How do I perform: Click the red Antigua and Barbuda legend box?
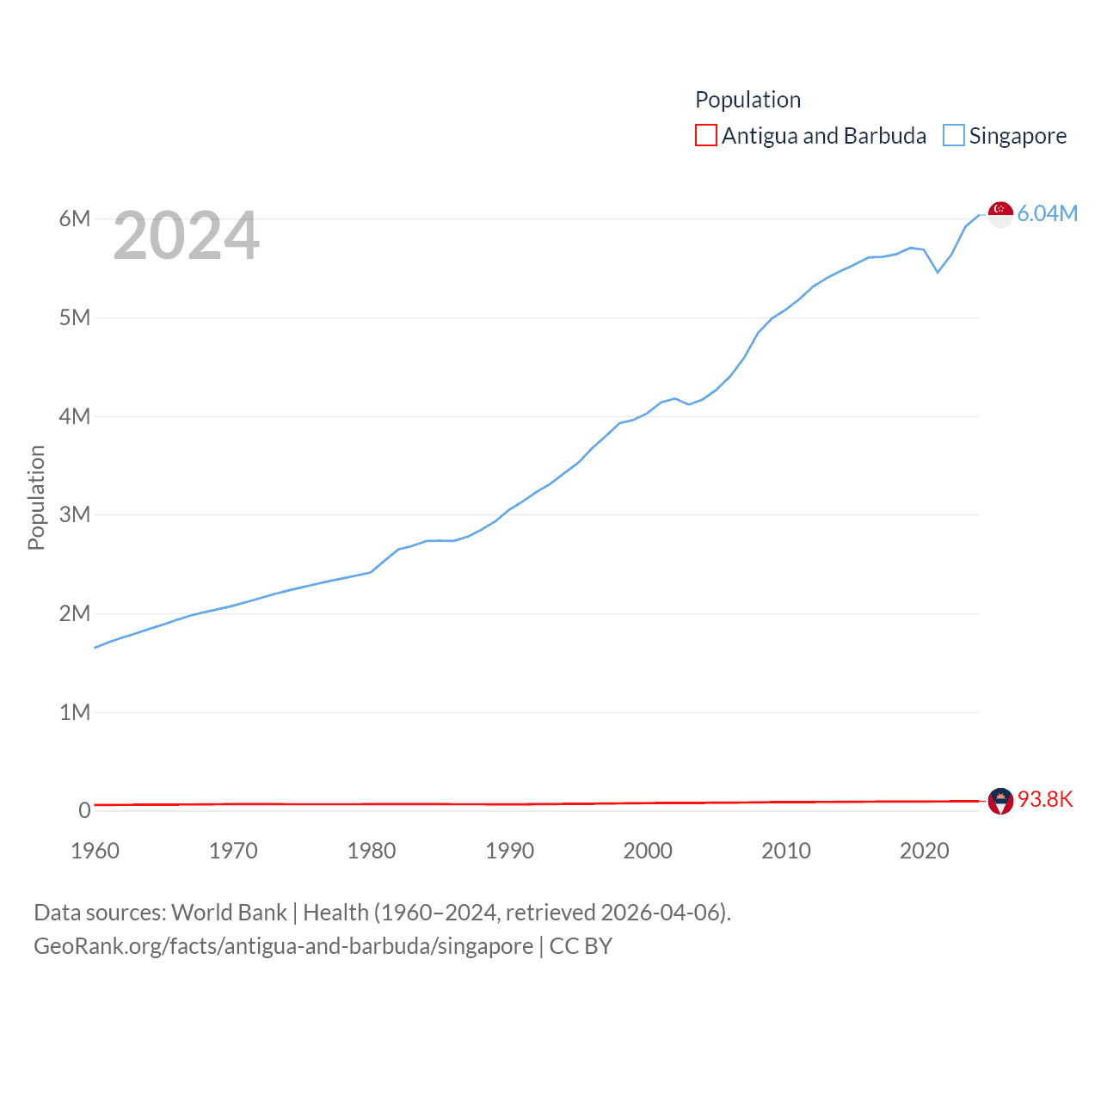[705, 136]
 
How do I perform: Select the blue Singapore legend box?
[953, 136]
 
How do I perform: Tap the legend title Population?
[747, 100]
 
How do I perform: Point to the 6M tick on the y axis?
[75, 218]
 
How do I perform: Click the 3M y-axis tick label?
[75, 514]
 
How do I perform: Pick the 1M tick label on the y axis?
[75, 712]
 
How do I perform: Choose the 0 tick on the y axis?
[84, 810]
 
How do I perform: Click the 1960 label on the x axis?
[95, 851]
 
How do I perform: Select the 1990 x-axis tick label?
[509, 851]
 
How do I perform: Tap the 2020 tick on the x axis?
[924, 851]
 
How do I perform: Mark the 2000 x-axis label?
[648, 851]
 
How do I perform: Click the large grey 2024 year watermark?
[186, 236]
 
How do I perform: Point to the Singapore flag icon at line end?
[1000, 214]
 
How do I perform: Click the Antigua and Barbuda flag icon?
[1000, 801]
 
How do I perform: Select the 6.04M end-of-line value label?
[1047, 214]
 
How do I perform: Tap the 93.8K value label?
[1045, 800]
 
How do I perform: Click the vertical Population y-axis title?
[36, 497]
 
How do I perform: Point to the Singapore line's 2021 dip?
[938, 272]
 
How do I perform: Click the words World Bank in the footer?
[229, 913]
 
